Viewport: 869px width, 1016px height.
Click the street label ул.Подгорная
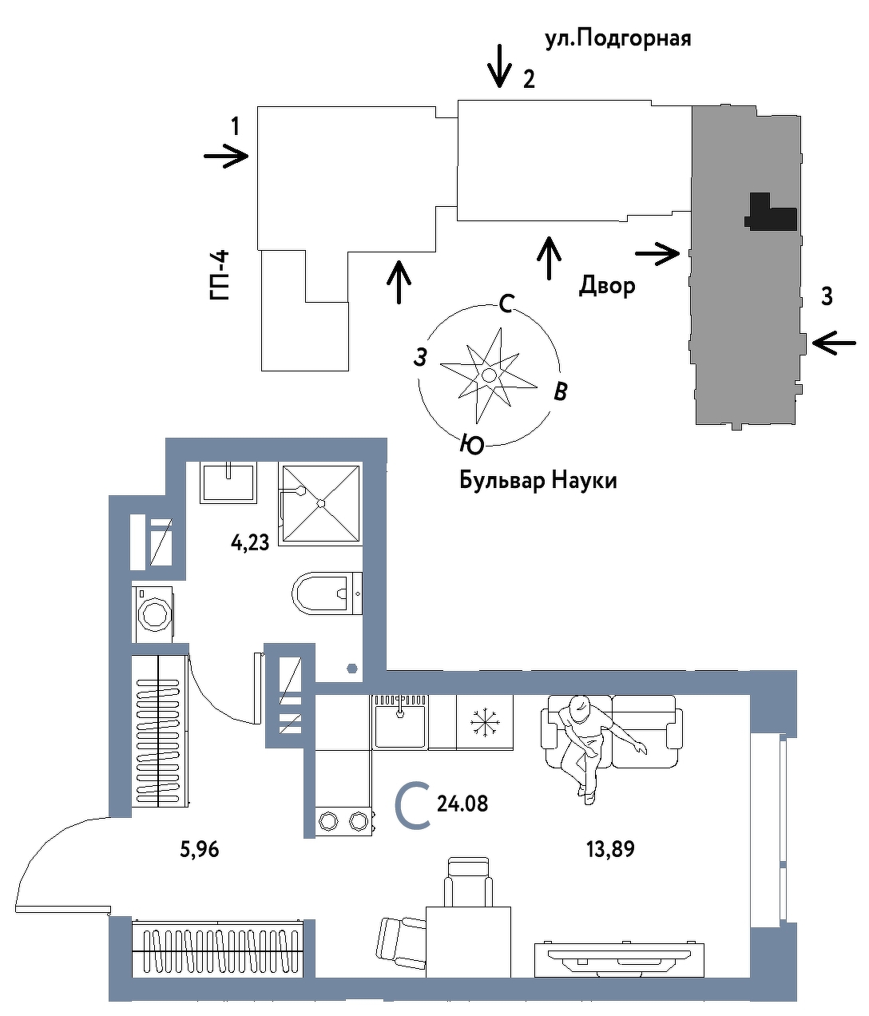click(x=617, y=38)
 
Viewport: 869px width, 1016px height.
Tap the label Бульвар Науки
click(x=538, y=481)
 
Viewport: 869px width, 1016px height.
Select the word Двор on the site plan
click(x=607, y=285)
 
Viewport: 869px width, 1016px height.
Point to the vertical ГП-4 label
click(x=220, y=275)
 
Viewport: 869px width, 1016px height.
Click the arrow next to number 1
click(x=227, y=157)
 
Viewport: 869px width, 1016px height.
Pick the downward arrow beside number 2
click(x=500, y=65)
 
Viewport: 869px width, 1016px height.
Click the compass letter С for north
click(x=506, y=304)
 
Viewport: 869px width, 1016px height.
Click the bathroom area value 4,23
click(x=250, y=543)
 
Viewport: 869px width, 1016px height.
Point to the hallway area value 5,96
click(x=200, y=850)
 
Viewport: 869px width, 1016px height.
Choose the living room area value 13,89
click(x=610, y=849)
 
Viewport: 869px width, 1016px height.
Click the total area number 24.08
click(x=462, y=803)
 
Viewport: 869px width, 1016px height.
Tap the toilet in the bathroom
click(x=326, y=593)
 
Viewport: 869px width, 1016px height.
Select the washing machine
click(x=154, y=613)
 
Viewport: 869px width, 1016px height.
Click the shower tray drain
click(x=320, y=503)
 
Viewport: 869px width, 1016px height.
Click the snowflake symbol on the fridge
click(x=483, y=722)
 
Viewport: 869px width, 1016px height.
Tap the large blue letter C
click(x=414, y=804)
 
